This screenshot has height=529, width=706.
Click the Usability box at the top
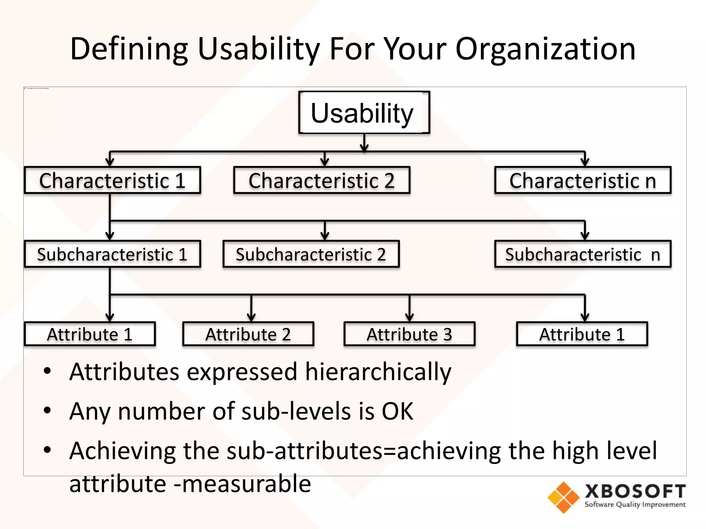point(364,113)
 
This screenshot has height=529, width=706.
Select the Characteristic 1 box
point(112,180)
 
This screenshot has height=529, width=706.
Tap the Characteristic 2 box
point(322,180)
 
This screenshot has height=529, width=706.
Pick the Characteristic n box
point(583,180)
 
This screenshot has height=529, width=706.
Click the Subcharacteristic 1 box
point(112,254)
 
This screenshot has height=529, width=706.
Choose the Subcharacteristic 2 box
point(311,254)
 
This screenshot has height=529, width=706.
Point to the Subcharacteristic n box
point(583,254)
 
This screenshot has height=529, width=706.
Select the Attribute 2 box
point(248,334)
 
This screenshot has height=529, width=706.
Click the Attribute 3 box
point(409,334)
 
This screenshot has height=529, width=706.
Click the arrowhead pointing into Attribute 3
point(410,318)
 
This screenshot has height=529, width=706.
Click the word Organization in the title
point(545,49)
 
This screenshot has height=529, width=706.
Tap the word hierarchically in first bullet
point(378,372)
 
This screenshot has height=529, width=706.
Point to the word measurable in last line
point(246,484)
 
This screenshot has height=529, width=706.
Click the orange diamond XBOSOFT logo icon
point(563,497)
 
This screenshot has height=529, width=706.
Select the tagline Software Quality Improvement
point(635,505)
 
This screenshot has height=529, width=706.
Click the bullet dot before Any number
point(47,411)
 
